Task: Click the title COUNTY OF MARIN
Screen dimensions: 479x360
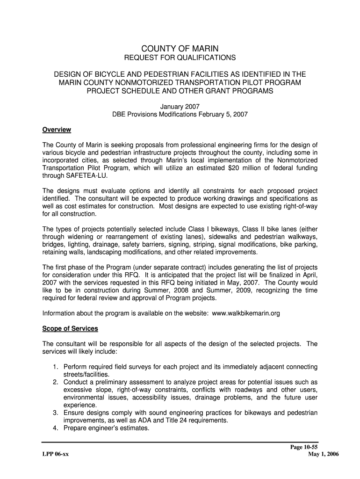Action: pyautogui.click(x=180, y=49)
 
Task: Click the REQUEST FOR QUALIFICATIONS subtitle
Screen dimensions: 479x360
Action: pyautogui.click(x=180, y=58)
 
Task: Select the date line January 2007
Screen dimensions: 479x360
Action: pyautogui.click(x=180, y=106)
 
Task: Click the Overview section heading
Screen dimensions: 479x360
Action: pyautogui.click(x=57, y=130)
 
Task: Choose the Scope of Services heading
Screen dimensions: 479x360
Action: pyautogui.click(x=70, y=328)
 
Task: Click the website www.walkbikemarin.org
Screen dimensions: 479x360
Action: pyautogui.click(x=246, y=313)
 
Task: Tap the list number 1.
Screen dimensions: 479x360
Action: pyautogui.click(x=55, y=367)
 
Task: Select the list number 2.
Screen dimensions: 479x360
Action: pyautogui.click(x=55, y=382)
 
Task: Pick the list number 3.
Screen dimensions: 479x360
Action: pyautogui.click(x=55, y=413)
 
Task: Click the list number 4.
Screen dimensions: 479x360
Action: pyautogui.click(x=55, y=428)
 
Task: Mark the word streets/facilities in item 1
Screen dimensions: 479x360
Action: pyautogui.click(x=86, y=374)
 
